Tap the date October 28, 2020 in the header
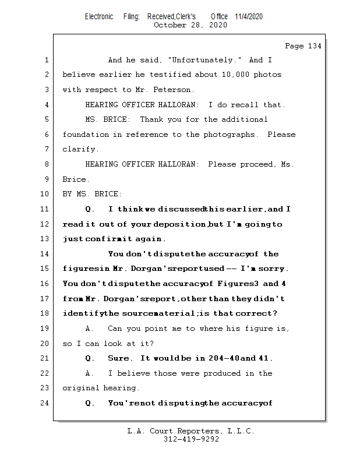pos(190,25)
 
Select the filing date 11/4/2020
pos(249,16)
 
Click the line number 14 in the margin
pos(46,254)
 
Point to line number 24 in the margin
pos(46,403)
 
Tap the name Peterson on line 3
pos(174,90)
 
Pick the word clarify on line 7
pos(80,150)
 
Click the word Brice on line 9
pos(75,179)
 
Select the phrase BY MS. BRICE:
pos(92,194)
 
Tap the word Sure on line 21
pos(119,358)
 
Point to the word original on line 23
pos(80,388)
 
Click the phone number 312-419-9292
pos(191,439)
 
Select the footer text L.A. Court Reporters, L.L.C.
pos(190,431)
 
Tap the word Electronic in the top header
pos(99,16)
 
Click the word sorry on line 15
pos(275,269)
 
